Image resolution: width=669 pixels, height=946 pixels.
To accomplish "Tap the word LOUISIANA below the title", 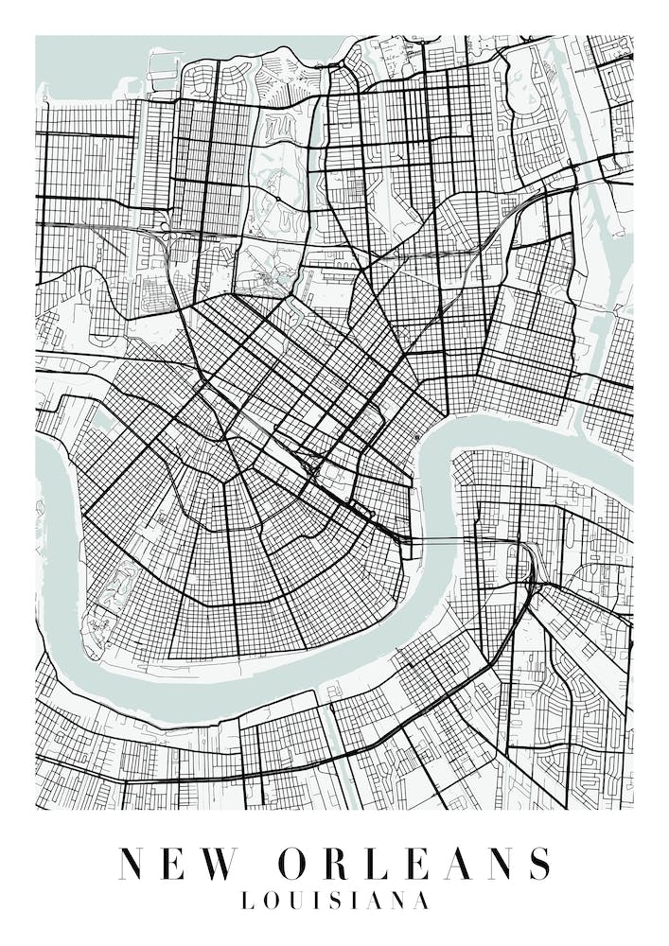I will pyautogui.click(x=335, y=902).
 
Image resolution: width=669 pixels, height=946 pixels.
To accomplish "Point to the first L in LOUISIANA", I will pyautogui.click(x=248, y=902).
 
